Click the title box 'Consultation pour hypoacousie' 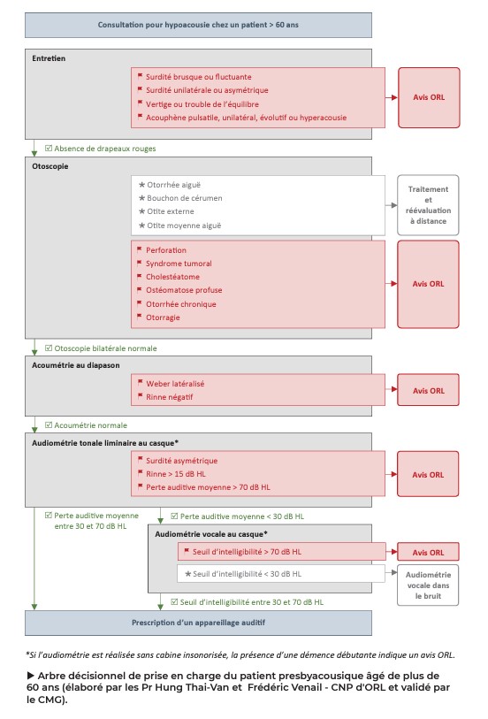click(x=198, y=25)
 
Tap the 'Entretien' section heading click(x=49, y=58)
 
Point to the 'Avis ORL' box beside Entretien click(x=428, y=96)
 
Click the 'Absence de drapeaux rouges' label click(x=105, y=149)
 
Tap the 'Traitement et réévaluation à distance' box click(x=428, y=205)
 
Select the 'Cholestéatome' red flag click(x=173, y=277)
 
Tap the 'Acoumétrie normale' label click(x=92, y=425)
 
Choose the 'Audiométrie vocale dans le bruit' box click(x=428, y=585)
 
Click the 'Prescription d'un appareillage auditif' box click(x=198, y=623)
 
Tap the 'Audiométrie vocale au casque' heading click(x=210, y=534)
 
